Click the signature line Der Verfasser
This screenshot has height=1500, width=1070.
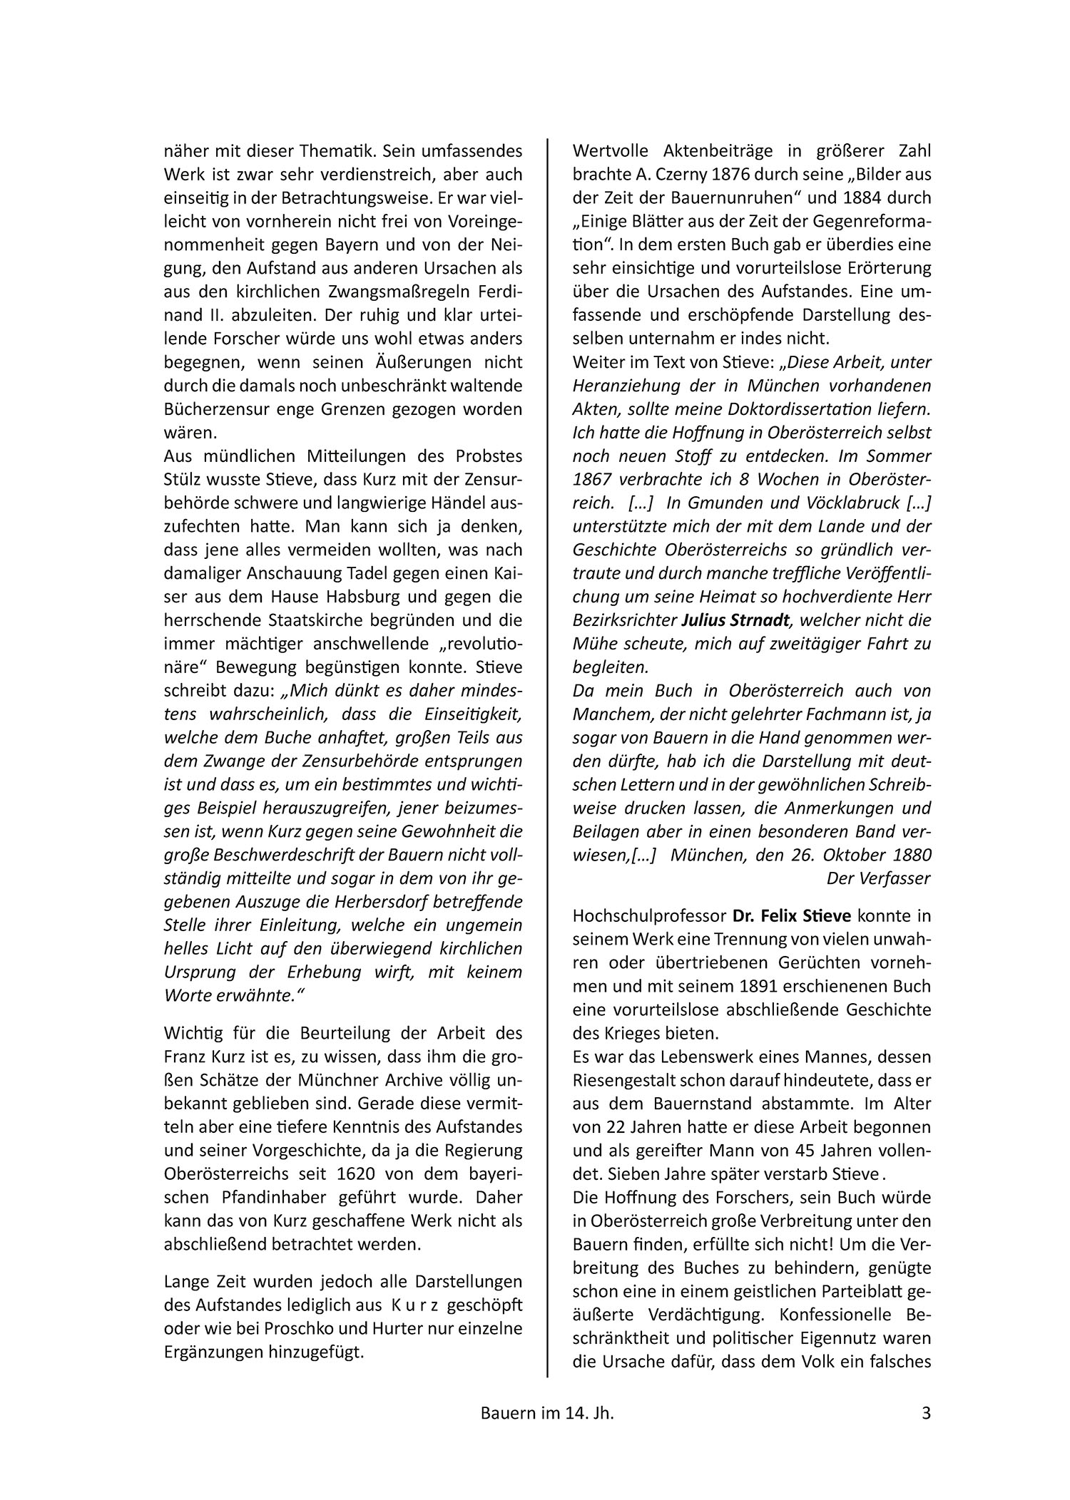[878, 878]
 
